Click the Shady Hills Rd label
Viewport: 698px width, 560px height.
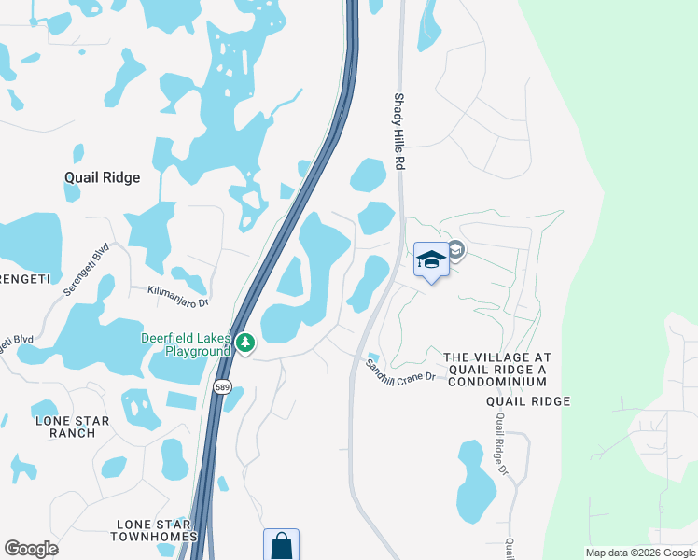[398, 131]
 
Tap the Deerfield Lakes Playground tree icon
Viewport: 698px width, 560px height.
[245, 344]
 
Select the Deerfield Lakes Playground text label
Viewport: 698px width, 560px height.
[185, 344]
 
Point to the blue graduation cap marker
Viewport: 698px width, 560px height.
[431, 260]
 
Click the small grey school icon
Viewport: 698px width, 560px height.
[455, 249]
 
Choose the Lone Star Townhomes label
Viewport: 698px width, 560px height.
[154, 530]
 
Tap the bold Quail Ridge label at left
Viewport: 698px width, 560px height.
[102, 177]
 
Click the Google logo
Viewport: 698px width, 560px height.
[31, 549]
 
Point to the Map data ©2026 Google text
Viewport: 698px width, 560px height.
[639, 553]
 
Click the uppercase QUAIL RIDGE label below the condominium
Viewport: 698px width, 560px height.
[527, 401]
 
